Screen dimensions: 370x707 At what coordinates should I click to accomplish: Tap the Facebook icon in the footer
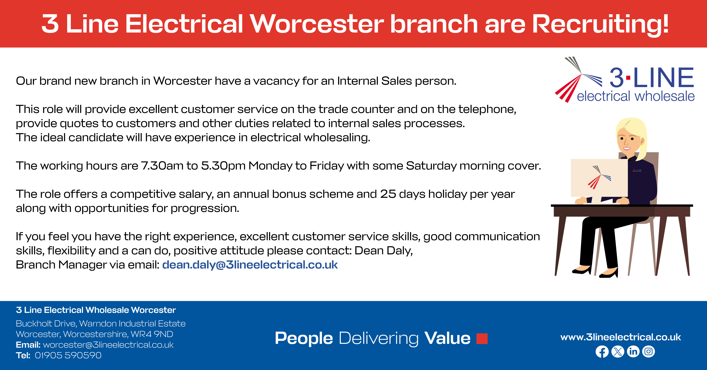pos(602,352)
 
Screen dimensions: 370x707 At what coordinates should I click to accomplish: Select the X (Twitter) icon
pos(617,352)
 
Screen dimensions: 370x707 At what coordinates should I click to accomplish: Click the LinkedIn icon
pos(633,352)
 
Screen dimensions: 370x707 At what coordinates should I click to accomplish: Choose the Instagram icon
pos(649,352)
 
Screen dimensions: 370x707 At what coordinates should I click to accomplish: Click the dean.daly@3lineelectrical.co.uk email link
pos(250,265)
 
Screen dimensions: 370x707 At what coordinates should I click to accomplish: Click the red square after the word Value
pos(482,338)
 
